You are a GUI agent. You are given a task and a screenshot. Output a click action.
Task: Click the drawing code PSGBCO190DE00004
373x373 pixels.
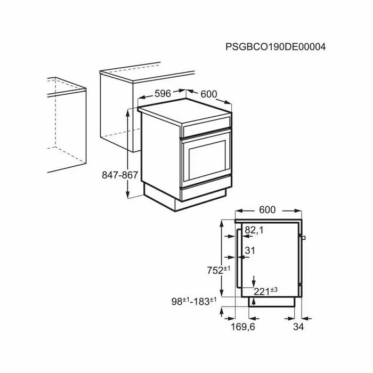click(275, 47)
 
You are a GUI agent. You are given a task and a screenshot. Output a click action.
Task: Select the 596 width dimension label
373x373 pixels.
click(163, 94)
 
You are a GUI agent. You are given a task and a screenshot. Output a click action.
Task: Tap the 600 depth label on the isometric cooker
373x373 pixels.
click(209, 94)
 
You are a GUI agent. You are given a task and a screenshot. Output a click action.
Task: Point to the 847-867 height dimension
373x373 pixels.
click(120, 175)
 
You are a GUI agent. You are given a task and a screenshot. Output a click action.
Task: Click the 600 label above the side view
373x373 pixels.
click(267, 210)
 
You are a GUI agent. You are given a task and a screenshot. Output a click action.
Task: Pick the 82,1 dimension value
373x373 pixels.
click(254, 230)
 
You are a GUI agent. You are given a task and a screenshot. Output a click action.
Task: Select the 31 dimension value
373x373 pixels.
click(250, 250)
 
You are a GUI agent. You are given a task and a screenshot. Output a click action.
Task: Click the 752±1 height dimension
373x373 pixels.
click(218, 270)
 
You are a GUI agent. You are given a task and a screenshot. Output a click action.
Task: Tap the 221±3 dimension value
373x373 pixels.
click(265, 291)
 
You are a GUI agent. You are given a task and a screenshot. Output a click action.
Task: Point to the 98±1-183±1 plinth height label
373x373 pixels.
click(194, 302)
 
